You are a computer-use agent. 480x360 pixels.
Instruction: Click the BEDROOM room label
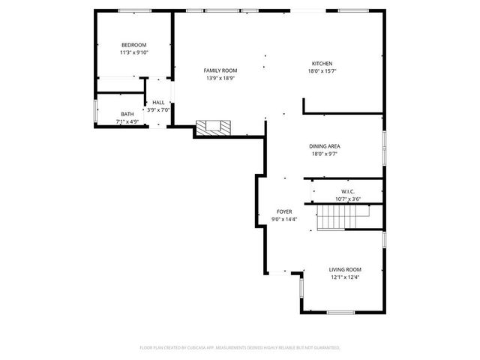coord(133,45)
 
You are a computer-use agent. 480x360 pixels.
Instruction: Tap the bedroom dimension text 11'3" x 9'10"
coord(133,52)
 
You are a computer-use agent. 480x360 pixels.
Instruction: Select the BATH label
coord(127,114)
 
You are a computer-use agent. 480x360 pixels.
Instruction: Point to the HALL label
coord(158,103)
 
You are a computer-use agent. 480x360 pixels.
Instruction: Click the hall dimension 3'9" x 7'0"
coord(158,109)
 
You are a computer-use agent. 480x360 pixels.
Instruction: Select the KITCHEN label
coord(322,64)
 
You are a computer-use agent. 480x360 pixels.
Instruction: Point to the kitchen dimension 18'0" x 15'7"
coord(322,71)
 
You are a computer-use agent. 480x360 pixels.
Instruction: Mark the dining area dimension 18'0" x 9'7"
coord(325,154)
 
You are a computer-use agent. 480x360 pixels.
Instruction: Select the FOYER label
coord(284,212)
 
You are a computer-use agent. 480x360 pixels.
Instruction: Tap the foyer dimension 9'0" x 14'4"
coord(284,220)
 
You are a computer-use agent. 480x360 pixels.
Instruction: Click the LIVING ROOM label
coord(345,269)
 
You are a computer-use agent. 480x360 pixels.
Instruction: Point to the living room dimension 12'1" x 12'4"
coord(345,277)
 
